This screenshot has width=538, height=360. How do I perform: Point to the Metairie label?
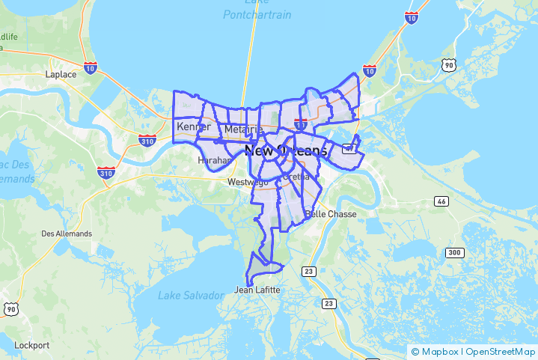[x=243, y=130]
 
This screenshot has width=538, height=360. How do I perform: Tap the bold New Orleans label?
[x=285, y=150]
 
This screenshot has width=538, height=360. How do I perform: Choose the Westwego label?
[x=247, y=182]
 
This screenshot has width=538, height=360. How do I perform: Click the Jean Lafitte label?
[x=257, y=290]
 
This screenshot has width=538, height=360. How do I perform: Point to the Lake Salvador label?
[x=191, y=296]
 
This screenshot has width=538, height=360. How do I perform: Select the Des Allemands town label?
[x=67, y=234]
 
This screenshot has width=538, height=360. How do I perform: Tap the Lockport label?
[x=32, y=346]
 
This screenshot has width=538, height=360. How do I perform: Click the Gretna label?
[x=296, y=177]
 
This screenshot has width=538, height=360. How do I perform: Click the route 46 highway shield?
[x=441, y=201]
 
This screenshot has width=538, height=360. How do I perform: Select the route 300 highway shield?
[x=454, y=252]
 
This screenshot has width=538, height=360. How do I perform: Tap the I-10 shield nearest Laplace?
[x=91, y=67]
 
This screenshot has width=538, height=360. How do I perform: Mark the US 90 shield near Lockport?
[x=10, y=308]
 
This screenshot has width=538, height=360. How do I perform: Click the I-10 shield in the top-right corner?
[x=412, y=18]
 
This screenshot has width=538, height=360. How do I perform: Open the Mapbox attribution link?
[x=438, y=352]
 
